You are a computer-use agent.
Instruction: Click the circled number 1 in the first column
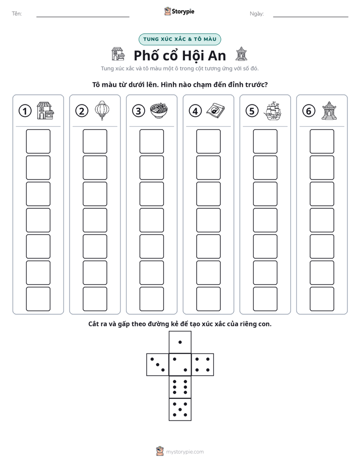[x=25, y=111]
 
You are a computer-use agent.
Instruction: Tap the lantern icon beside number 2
[x=102, y=110]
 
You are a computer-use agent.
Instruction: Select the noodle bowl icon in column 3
[x=159, y=110]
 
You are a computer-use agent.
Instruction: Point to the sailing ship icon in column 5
[x=272, y=110]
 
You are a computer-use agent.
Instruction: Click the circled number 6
[x=309, y=111]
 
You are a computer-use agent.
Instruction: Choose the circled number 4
[x=195, y=111]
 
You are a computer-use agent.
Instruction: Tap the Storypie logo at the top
[x=179, y=11]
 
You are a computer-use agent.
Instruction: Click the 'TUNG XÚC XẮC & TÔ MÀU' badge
[x=179, y=39]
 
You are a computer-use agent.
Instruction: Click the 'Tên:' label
[x=17, y=14]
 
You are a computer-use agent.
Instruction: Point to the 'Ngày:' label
[x=257, y=14]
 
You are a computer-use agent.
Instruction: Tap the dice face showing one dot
[x=180, y=342]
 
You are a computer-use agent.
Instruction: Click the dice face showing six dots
[x=180, y=387]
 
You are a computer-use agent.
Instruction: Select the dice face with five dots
[x=180, y=410]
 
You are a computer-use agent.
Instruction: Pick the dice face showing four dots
[x=203, y=365]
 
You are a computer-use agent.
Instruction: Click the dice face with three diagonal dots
[x=158, y=365]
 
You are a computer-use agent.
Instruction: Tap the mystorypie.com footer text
[x=185, y=452]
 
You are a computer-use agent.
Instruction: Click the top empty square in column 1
[x=38, y=141]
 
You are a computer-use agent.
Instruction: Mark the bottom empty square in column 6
[x=322, y=299]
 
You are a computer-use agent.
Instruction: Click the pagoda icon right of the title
[x=241, y=54]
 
